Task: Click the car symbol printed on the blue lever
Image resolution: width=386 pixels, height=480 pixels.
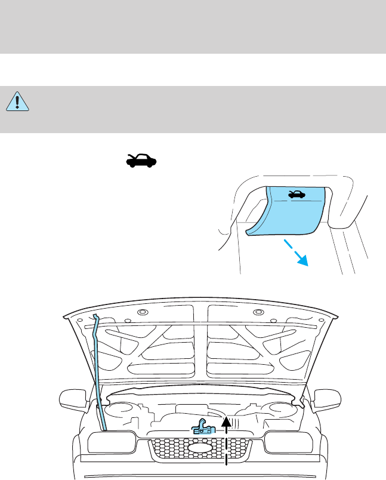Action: pyautogui.click(x=296, y=194)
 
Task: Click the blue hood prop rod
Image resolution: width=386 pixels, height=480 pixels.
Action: pyautogui.click(x=99, y=370)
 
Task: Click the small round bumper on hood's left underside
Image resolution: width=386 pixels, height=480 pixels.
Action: pyautogui.click(x=142, y=314)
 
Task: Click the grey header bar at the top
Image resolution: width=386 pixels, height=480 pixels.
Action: pyautogui.click(x=193, y=26)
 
